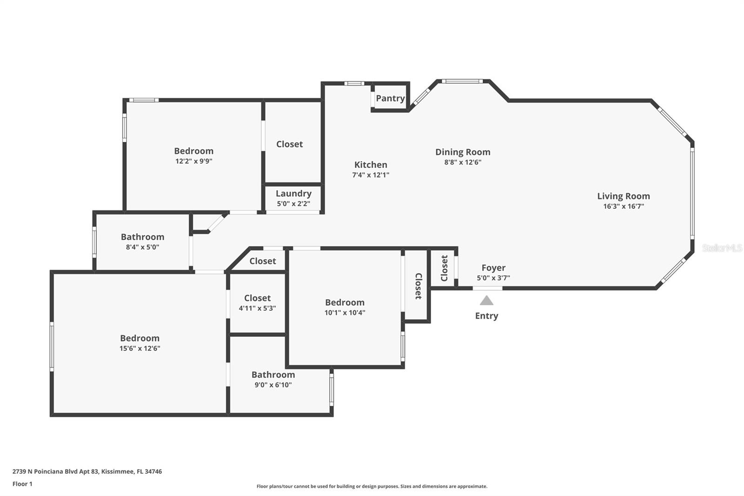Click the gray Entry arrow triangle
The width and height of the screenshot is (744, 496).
point(486,301)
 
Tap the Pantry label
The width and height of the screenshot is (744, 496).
point(390,98)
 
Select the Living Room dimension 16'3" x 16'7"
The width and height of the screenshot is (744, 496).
point(623,206)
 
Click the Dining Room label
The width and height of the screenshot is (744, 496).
point(463,152)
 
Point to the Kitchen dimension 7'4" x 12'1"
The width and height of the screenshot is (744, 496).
point(371,175)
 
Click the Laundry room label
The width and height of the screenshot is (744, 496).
point(293,194)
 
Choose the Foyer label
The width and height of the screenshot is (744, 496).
point(493,268)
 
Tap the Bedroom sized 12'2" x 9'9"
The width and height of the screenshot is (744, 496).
point(193,151)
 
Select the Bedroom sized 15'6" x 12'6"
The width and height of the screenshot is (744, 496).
point(139,338)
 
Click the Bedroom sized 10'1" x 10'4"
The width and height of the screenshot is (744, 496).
point(345,302)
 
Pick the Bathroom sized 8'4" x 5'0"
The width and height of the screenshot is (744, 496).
point(142,237)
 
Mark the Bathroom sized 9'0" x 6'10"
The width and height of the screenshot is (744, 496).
point(273,375)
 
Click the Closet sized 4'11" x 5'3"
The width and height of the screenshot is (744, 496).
point(257,298)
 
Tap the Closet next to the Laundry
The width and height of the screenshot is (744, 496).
point(289,144)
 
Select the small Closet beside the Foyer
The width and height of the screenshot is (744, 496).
point(444,268)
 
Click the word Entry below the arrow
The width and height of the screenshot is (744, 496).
point(486,316)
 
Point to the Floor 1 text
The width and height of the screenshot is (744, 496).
point(22,484)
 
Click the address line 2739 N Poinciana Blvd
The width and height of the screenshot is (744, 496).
point(87,471)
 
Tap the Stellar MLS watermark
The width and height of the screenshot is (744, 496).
point(722,248)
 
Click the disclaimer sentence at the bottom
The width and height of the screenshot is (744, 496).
point(372,486)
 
